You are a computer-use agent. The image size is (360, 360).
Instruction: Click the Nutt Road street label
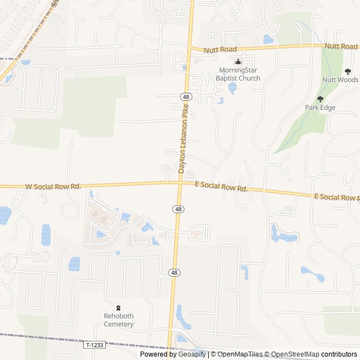pos(220,50)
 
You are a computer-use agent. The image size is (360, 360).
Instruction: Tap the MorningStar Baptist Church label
pos(240,74)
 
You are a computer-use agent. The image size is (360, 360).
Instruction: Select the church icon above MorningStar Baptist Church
pos(238,62)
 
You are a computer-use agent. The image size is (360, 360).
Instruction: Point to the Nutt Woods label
pos(340,80)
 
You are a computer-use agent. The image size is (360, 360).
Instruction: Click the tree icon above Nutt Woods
pos(348,71)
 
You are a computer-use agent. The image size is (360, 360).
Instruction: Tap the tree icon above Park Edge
pos(320,99)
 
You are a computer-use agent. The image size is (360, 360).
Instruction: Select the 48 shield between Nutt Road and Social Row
pos(186,97)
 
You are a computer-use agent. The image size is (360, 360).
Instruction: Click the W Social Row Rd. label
pos(53,186)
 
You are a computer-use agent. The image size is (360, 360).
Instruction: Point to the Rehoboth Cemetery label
pos(119,320)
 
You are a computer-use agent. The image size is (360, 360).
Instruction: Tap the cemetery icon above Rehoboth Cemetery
pos(118,308)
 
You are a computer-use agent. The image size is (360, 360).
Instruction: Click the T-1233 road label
pos(95,344)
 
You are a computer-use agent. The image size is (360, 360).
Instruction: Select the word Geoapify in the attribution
pos(192,354)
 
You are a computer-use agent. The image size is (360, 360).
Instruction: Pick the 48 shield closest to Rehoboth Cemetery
pos(174,272)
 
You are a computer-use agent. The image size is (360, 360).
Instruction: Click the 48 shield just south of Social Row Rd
pos(178,209)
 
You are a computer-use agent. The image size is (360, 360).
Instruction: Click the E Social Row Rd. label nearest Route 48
pos(221,187)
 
